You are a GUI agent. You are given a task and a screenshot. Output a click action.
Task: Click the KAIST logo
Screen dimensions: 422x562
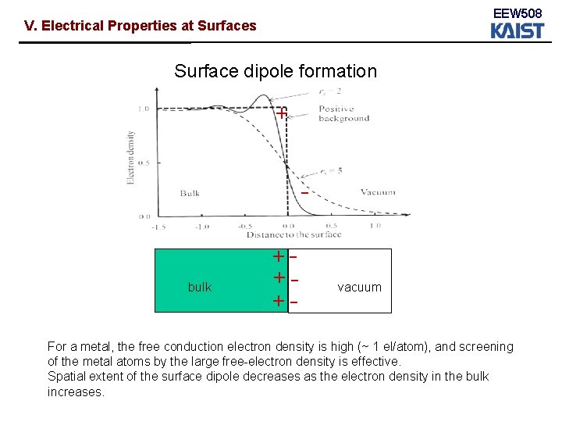(517, 30)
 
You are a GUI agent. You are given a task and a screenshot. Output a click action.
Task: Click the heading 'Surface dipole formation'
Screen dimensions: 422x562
(275, 71)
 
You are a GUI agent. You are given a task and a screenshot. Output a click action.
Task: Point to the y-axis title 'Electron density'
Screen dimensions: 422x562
(131, 156)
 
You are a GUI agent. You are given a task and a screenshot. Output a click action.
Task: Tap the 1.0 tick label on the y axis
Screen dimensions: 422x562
(143, 109)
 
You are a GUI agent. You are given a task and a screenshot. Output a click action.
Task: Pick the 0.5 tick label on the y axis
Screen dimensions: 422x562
(143, 163)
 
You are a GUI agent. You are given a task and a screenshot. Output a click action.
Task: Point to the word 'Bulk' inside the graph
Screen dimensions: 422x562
(190, 193)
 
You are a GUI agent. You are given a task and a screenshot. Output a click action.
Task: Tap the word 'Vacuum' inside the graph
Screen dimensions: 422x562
(378, 192)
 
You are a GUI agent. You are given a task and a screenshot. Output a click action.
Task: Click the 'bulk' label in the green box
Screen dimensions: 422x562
(200, 287)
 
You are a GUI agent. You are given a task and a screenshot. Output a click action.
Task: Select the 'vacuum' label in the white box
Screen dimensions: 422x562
(359, 287)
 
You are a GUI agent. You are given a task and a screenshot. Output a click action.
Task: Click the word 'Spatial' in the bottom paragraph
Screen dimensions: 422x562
(66, 376)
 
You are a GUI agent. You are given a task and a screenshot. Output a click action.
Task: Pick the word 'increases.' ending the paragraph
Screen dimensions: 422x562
(76, 392)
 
